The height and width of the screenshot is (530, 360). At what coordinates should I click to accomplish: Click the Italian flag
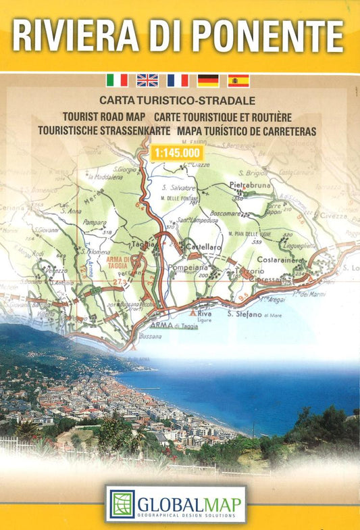click(117, 80)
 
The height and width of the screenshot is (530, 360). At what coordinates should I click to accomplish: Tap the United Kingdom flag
click(147, 80)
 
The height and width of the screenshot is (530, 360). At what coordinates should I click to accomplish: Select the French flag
click(178, 80)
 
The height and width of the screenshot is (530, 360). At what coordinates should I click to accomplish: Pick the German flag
click(208, 80)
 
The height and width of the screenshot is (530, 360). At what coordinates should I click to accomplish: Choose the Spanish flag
click(238, 80)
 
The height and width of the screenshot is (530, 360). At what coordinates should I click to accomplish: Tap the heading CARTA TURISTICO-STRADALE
click(177, 100)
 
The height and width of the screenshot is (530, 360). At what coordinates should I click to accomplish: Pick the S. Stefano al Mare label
click(254, 314)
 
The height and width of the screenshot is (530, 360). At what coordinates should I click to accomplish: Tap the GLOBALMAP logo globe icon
click(122, 504)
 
